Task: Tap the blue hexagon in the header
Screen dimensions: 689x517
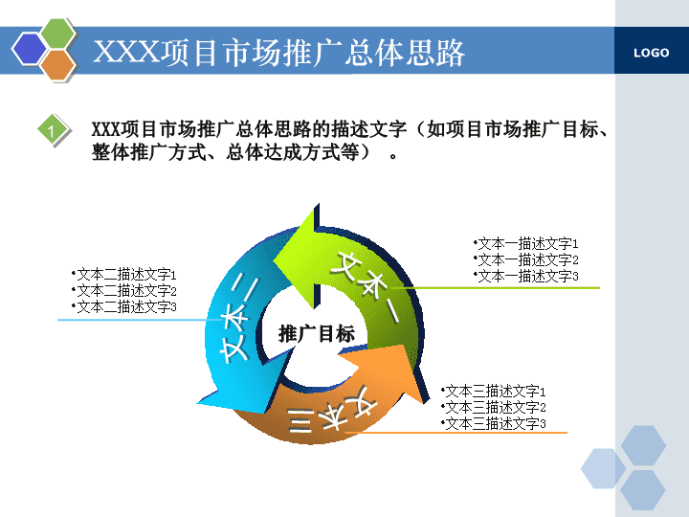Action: coord(30,49)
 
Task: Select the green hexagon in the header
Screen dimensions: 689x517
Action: coord(58,34)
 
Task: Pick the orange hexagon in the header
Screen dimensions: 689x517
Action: coord(58,65)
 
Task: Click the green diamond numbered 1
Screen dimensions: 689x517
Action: coord(54,130)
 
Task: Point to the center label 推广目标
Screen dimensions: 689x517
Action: coord(317,334)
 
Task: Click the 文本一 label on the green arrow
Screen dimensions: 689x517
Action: coord(366,286)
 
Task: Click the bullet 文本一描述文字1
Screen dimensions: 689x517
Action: coord(526,243)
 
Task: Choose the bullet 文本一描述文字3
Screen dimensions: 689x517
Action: coord(526,276)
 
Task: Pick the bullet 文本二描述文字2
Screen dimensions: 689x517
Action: coord(123,291)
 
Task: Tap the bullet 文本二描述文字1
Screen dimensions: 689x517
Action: coord(123,275)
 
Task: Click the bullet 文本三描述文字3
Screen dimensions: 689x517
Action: coord(494,424)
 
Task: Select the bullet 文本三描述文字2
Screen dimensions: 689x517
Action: coord(494,408)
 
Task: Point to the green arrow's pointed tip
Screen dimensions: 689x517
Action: coord(274,261)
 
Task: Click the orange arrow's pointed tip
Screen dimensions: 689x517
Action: coord(424,402)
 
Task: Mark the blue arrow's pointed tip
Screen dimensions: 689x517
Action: coord(198,403)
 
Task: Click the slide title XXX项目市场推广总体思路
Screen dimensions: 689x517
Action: coord(279,53)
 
